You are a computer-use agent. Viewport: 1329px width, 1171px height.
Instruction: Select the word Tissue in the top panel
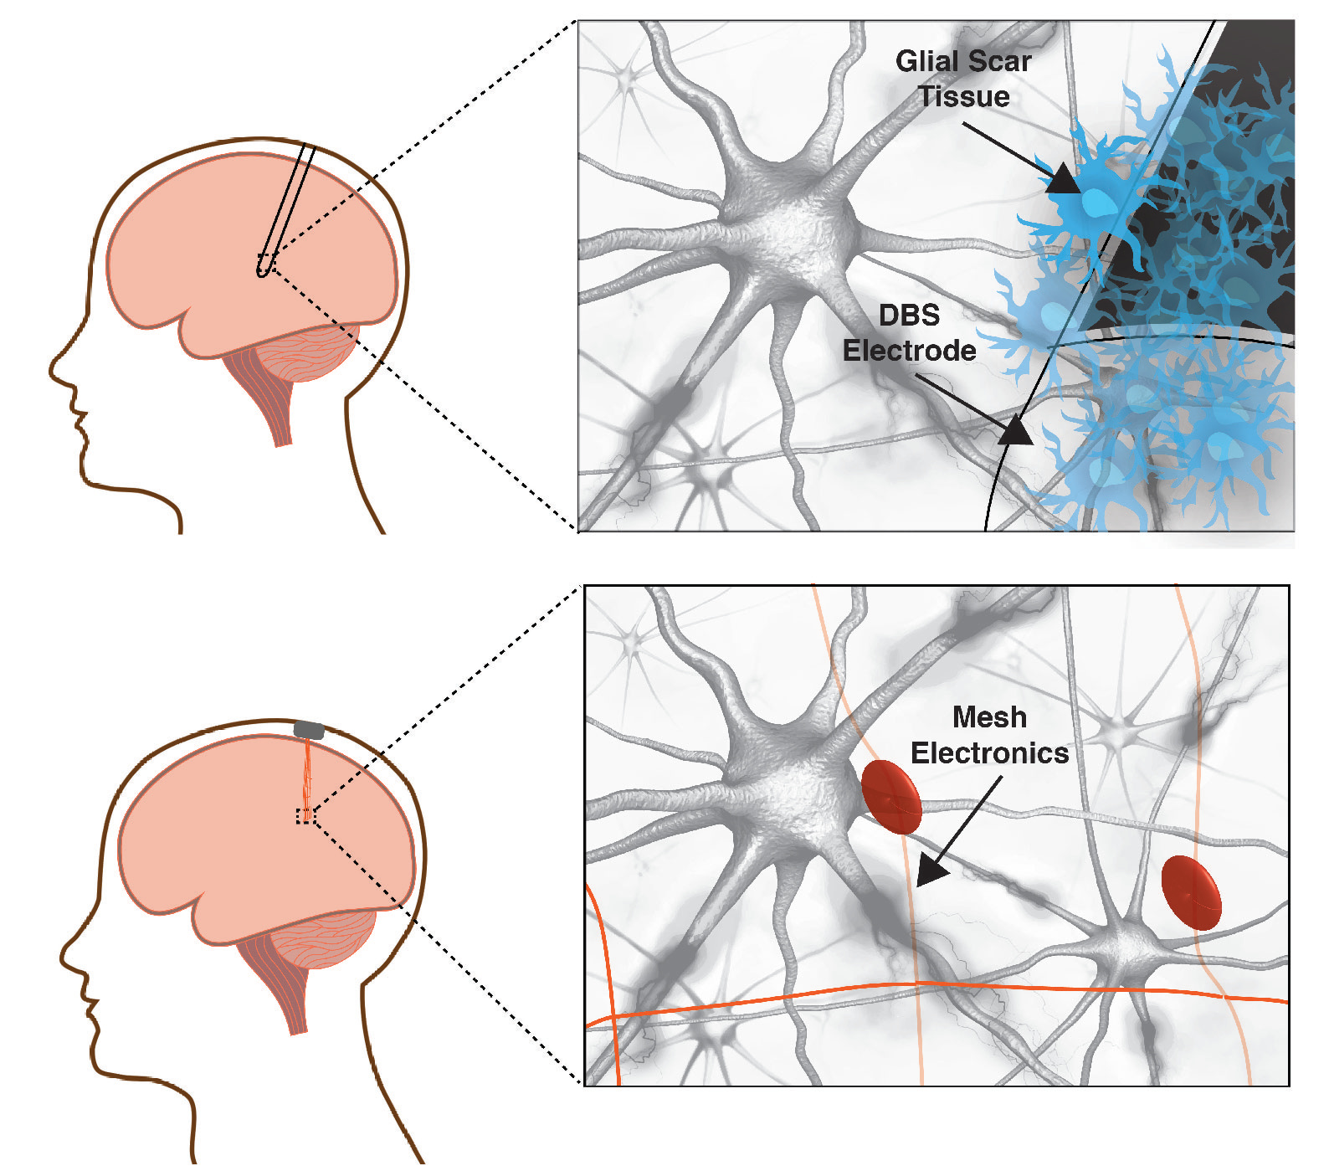964,97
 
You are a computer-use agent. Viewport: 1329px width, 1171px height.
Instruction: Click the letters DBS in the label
909,316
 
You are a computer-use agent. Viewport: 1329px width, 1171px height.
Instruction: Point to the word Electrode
909,351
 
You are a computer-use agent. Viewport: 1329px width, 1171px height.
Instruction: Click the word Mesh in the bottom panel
989,717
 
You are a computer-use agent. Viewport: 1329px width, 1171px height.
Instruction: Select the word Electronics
989,753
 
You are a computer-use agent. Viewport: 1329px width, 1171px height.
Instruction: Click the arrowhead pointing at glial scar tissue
1063,179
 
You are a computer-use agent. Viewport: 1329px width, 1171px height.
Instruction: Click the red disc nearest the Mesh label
891,797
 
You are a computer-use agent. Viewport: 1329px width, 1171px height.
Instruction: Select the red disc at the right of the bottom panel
1191,892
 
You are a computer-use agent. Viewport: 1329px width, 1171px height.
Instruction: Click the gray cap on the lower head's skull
309,730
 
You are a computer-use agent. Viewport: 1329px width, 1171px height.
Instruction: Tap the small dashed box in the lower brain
306,816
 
